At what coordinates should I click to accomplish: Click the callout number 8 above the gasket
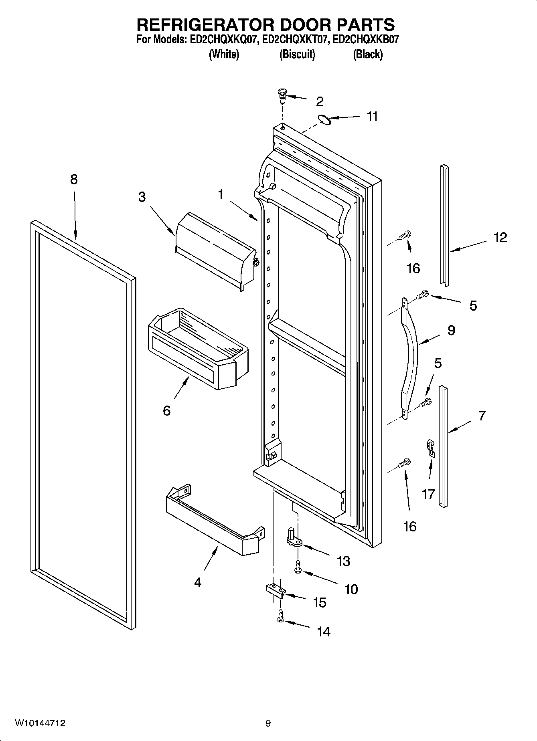[x=74, y=179]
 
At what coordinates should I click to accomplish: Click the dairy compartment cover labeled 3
[x=216, y=250]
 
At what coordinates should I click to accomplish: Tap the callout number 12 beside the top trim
[x=500, y=237]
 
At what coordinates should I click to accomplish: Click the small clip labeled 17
[x=430, y=447]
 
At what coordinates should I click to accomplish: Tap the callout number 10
[x=351, y=589]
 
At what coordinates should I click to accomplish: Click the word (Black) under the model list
[x=367, y=54]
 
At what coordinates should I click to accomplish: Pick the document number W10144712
[x=40, y=723]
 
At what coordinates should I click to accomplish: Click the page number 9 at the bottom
[x=268, y=723]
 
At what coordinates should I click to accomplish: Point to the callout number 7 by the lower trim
[x=482, y=415]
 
